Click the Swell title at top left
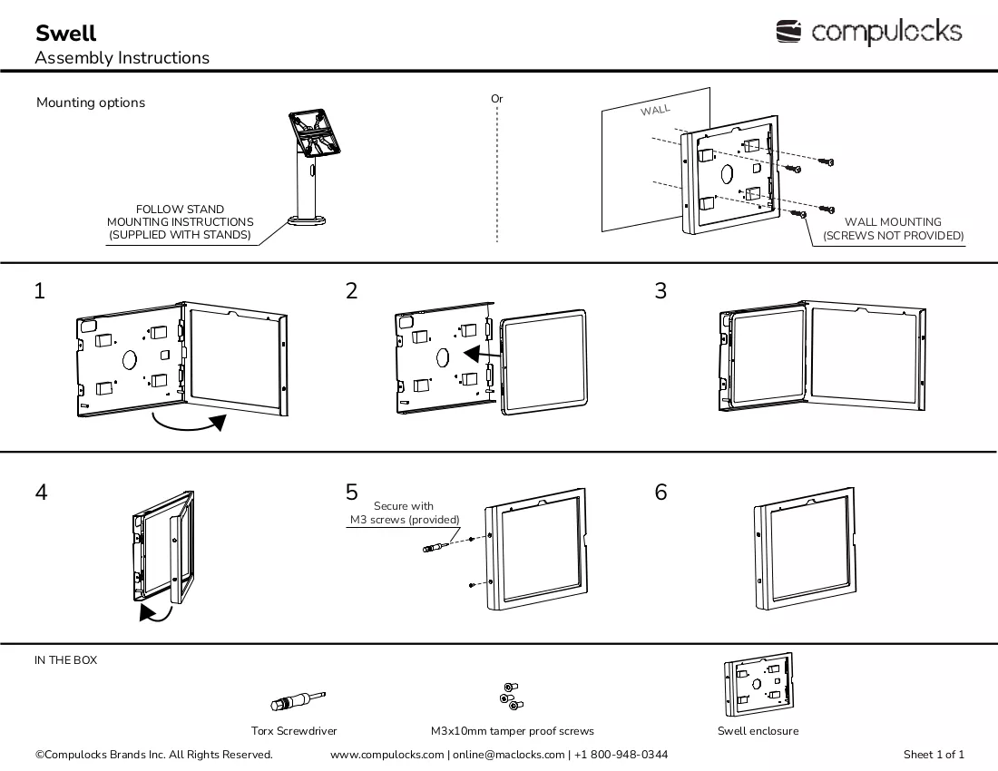point(65,33)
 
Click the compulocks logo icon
point(788,31)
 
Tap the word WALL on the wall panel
point(655,110)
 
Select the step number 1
point(39,291)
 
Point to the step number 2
point(351,291)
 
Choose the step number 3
point(660,291)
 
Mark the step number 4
point(41,492)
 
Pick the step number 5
point(351,492)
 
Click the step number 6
point(660,492)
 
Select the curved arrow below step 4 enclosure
point(157,615)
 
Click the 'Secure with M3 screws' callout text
point(404,512)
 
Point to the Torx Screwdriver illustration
point(298,701)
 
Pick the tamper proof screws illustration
point(512,696)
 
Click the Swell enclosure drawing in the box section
point(758,684)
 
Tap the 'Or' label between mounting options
point(496,99)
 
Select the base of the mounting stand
point(306,220)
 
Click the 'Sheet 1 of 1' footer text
point(934,755)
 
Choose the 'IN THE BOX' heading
point(65,660)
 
